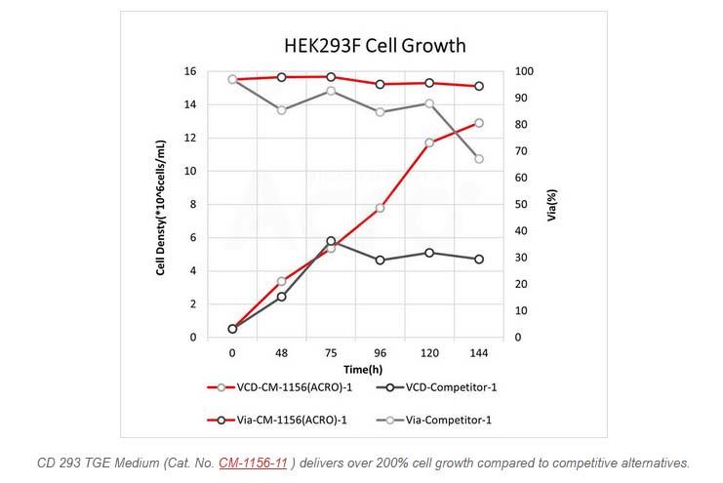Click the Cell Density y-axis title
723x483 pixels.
(x=161, y=206)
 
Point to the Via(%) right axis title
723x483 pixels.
(x=551, y=206)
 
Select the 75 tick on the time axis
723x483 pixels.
(x=331, y=352)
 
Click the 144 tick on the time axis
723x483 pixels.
(x=478, y=352)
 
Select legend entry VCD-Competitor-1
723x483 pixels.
(x=439, y=387)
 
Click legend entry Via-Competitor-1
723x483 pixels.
(x=439, y=420)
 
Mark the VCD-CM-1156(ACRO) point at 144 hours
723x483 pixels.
(x=478, y=123)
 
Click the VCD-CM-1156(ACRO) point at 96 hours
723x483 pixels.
(x=380, y=208)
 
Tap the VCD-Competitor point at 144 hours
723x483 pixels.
(x=478, y=259)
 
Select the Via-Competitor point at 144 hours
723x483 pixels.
(x=478, y=158)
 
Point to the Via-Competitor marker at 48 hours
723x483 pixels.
(x=281, y=109)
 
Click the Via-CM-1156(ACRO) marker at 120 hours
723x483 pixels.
(x=429, y=83)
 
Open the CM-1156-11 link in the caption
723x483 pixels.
(x=253, y=463)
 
